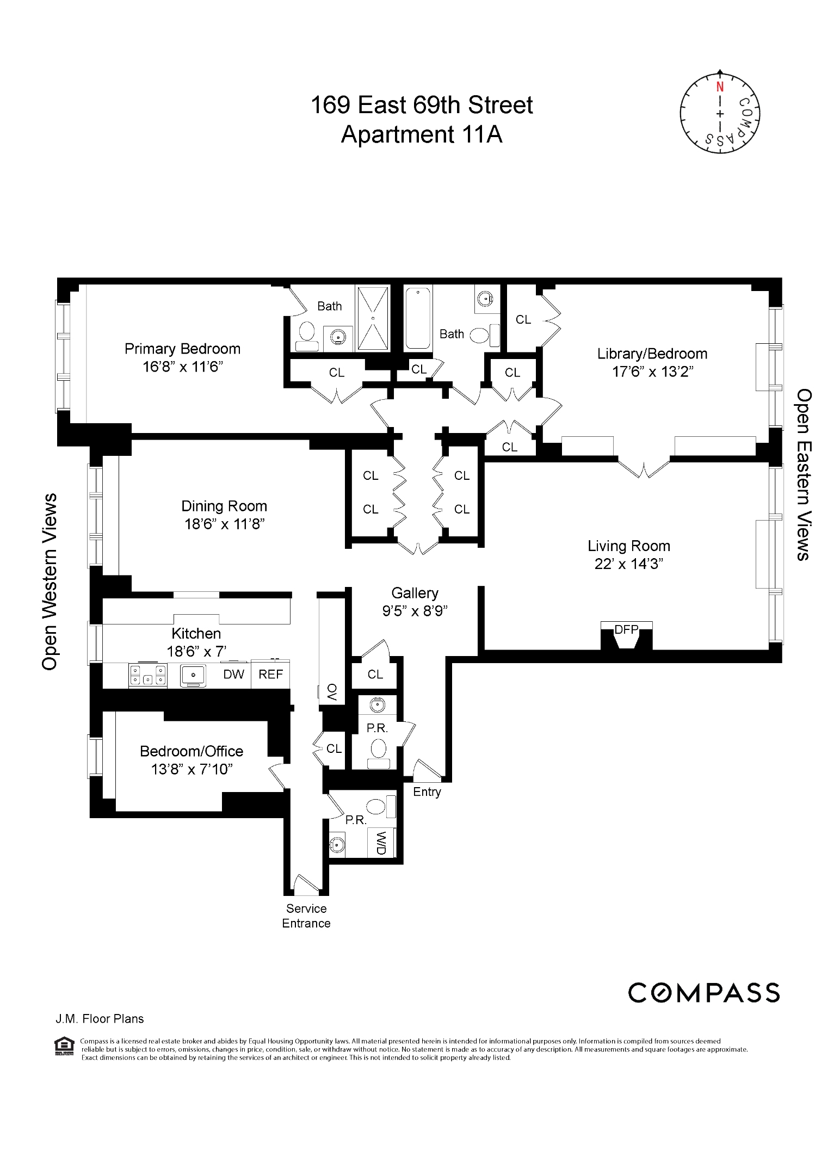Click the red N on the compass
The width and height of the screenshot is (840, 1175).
[720, 87]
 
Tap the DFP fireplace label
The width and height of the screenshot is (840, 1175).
[626, 629]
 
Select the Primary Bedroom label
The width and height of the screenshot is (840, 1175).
[182, 349]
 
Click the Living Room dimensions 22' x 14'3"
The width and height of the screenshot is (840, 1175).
[628, 564]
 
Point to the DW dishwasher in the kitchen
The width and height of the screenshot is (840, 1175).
[234, 675]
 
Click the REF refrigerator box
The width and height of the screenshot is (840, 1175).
[270, 675]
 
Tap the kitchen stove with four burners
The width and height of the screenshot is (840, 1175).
[147, 675]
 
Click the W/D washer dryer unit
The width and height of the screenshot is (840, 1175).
[381, 843]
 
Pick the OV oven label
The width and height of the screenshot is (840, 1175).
[332, 692]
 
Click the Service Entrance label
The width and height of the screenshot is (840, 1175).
[306, 916]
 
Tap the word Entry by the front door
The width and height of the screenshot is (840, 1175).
[427, 791]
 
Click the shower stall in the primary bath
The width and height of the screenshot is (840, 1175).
[373, 318]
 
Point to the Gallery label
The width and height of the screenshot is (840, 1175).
[415, 593]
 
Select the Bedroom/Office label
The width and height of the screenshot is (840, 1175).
[192, 751]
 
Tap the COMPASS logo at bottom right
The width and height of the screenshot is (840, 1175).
[704, 993]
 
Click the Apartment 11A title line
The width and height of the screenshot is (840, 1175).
[421, 134]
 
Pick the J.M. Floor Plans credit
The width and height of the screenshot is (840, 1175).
[100, 1019]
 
